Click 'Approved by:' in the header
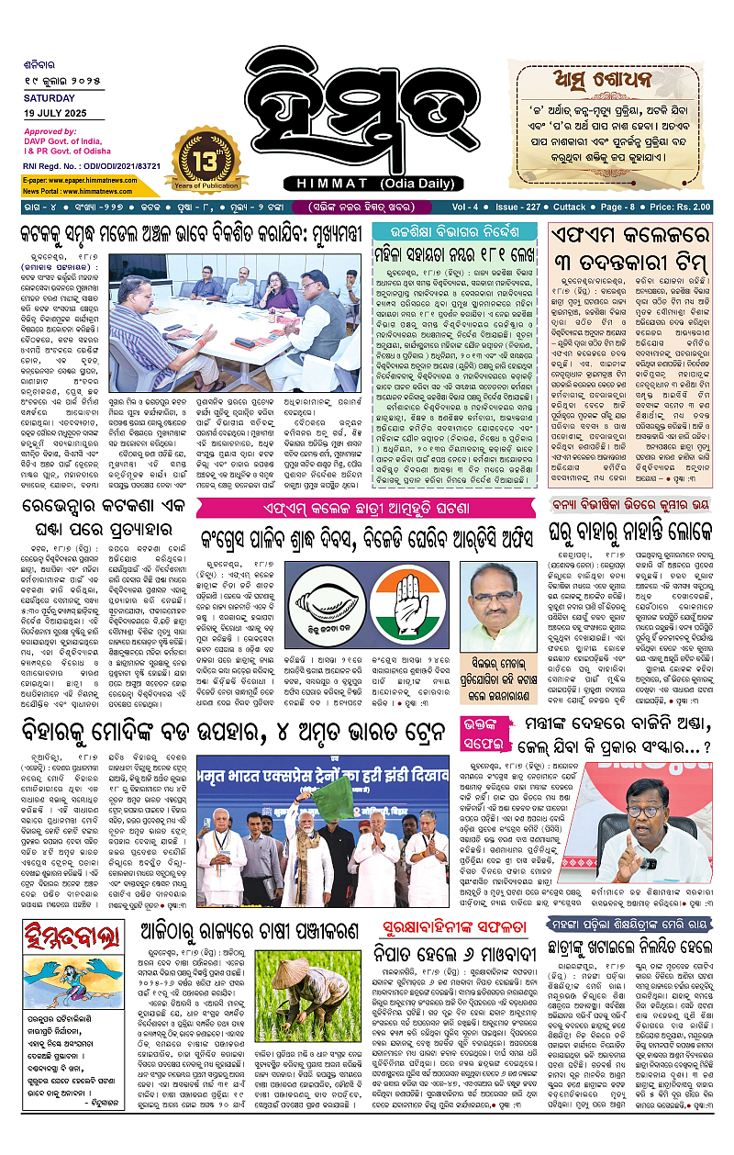50,130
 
